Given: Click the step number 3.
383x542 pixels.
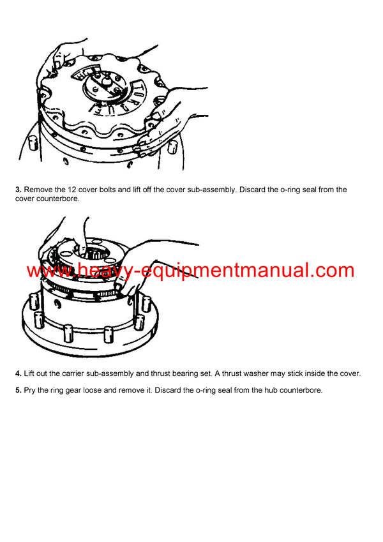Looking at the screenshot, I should (19, 190).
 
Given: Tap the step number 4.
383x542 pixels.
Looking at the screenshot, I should (19, 373).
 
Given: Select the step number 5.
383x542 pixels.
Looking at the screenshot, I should (19, 391).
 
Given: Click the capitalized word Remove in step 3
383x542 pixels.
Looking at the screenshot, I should (40, 190).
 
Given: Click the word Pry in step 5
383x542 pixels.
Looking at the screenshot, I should (31, 391).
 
